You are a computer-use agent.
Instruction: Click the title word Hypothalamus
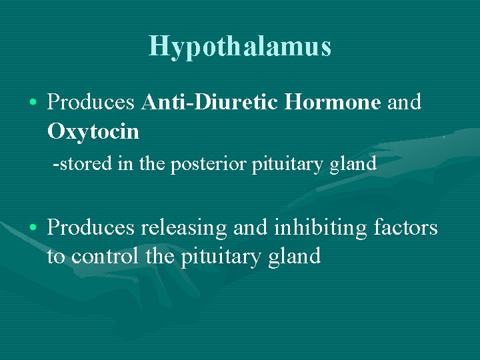pyautogui.click(x=240, y=47)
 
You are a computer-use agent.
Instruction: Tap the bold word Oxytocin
pyautogui.click(x=93, y=132)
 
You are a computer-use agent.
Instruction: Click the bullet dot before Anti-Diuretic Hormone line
pyautogui.click(x=33, y=103)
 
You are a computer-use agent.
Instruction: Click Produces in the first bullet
pyautogui.click(x=93, y=103)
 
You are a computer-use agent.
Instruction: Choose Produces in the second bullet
pyautogui.click(x=93, y=228)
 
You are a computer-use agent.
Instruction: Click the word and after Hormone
pyautogui.click(x=404, y=103)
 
